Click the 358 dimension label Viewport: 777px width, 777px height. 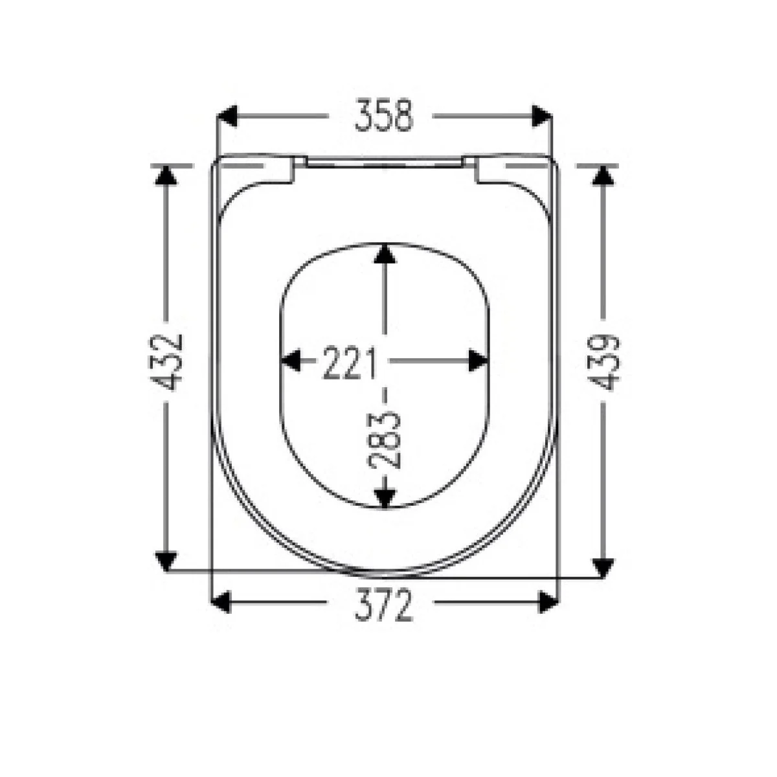384,116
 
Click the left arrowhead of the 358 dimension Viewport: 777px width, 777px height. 227,116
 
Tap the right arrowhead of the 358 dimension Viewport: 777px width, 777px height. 541,116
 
